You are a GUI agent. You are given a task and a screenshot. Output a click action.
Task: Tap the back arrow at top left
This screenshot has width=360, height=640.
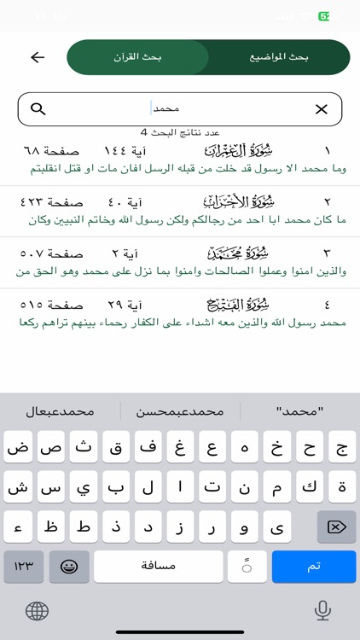coord(38,57)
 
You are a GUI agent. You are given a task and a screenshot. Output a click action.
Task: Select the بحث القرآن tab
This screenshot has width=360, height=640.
coord(137,57)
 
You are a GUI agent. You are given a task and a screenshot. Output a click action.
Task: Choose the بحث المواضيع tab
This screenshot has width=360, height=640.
coord(279,57)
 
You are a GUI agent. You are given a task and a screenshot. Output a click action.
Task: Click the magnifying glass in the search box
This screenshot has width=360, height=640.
coord(38,109)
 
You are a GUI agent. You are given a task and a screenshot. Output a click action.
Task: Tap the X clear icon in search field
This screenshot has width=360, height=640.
coord(321,109)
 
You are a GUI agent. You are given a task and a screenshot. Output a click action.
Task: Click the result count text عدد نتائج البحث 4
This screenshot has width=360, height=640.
coord(180,132)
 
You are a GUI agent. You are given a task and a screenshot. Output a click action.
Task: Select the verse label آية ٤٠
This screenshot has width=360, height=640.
coord(125,202)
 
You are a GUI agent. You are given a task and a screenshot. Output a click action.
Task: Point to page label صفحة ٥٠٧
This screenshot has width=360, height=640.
coord(51,253)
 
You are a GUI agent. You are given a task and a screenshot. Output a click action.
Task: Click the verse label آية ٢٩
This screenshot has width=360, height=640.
coord(125,305)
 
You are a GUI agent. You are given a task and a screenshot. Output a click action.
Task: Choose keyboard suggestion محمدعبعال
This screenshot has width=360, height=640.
coord(60,411)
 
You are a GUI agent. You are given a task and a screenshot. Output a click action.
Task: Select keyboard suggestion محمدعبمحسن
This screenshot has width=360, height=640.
coord(180,411)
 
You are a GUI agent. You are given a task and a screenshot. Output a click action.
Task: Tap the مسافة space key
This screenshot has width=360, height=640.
coord(158,567)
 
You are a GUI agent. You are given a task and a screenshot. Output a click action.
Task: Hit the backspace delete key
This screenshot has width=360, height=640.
coord(336,527)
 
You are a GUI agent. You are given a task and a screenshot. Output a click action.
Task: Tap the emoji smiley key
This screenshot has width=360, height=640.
coord(69,567)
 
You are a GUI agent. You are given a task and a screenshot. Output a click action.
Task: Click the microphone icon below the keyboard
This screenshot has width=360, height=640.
coord(322,610)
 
